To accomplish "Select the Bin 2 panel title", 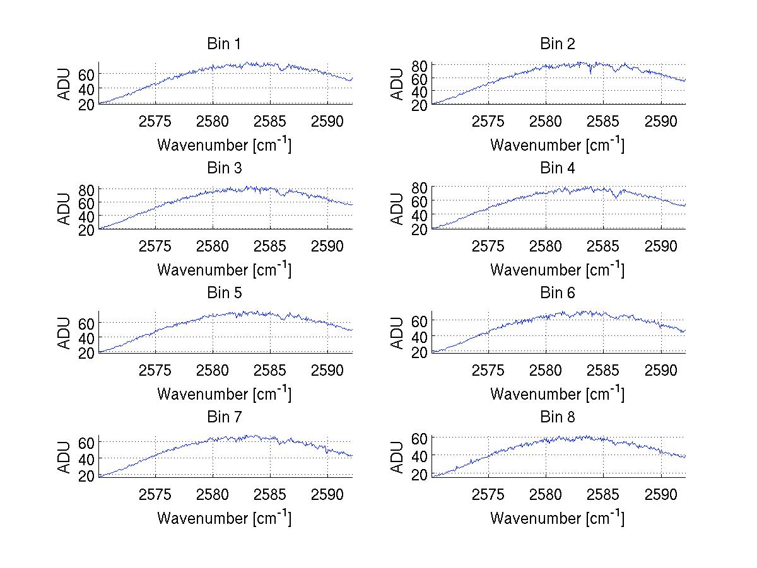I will tap(557, 44).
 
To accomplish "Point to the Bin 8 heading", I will tap(557, 417).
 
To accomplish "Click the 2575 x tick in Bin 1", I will tap(155, 121).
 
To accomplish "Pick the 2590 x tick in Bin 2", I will tap(660, 121).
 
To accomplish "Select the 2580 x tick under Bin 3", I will tap(213, 245).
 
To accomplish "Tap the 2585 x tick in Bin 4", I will tap(603, 245).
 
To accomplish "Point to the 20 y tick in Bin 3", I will tap(86, 230).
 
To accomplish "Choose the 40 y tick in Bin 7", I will tap(86, 458).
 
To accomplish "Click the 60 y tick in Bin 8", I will tap(419, 439).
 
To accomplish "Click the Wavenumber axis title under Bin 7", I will tap(224, 518).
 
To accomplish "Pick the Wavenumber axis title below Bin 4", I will tap(557, 269).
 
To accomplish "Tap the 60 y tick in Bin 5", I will tap(86, 323).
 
